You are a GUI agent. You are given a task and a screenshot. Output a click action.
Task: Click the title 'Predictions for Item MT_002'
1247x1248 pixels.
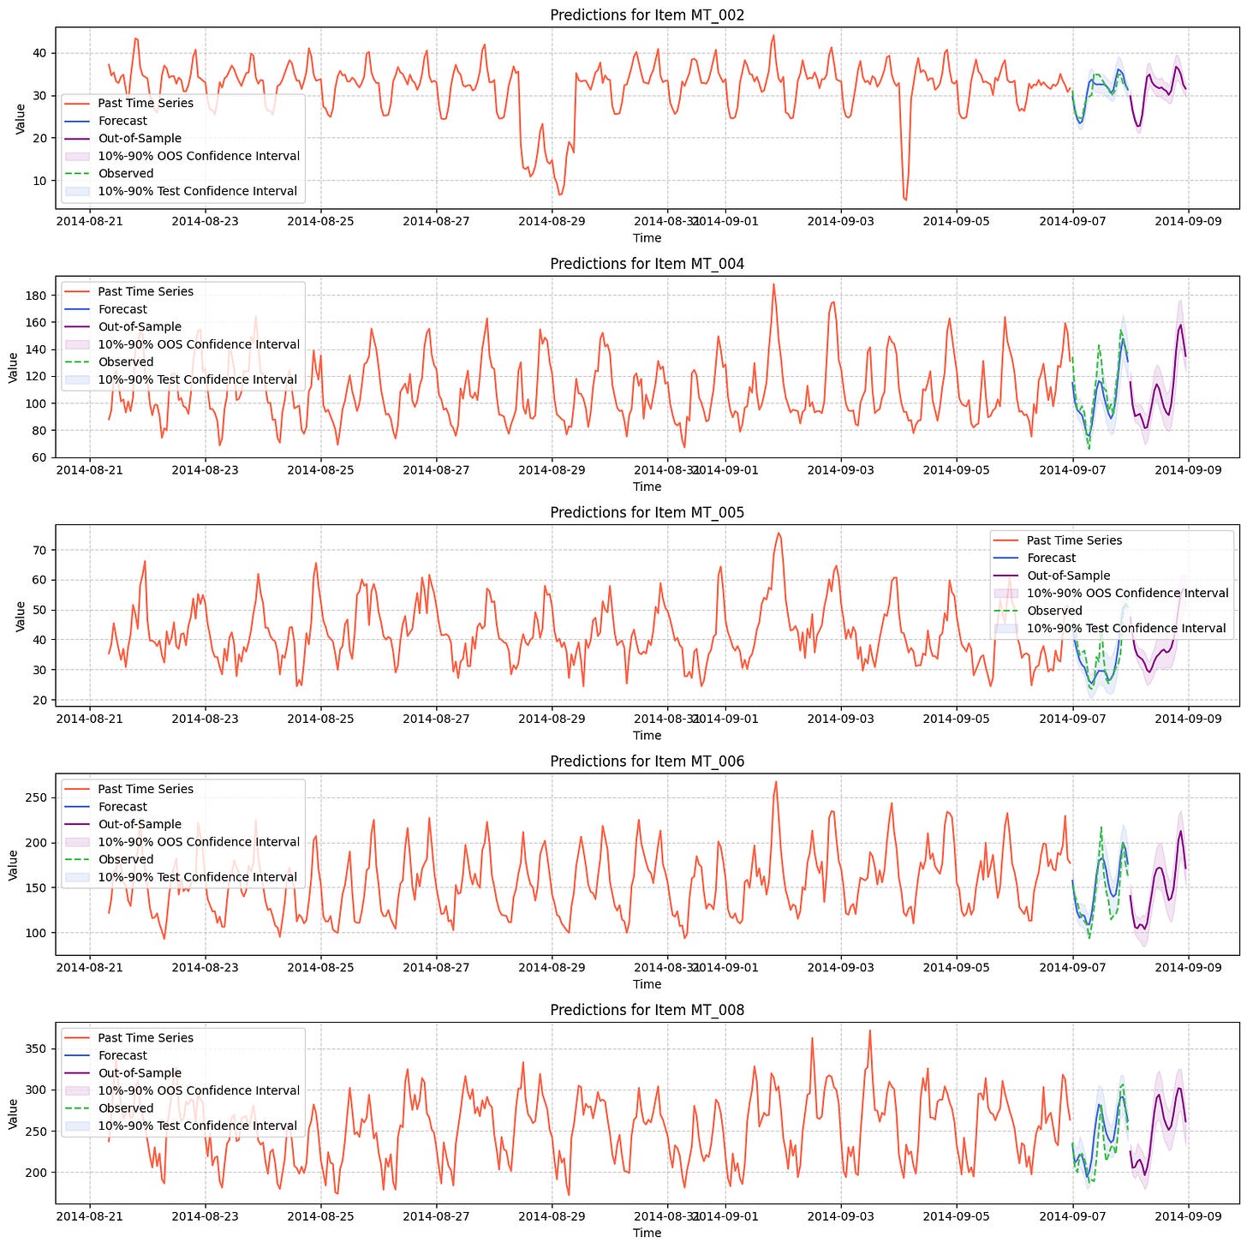(x=647, y=15)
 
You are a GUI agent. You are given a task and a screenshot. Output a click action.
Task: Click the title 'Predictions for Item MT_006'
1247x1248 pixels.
(x=647, y=761)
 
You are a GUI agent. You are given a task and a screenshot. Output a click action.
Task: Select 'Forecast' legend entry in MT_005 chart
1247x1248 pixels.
(x=1051, y=558)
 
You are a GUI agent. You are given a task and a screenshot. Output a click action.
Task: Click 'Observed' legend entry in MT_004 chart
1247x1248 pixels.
(x=125, y=361)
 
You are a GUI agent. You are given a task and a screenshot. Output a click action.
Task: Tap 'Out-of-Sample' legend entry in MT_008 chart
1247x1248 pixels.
(x=140, y=1072)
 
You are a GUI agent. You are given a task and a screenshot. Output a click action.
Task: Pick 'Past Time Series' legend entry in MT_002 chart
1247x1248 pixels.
(x=145, y=103)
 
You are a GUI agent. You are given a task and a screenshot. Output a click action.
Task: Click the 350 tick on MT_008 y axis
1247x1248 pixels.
(x=36, y=1048)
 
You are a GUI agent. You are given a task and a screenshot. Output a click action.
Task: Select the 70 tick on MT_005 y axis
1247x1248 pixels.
(x=39, y=550)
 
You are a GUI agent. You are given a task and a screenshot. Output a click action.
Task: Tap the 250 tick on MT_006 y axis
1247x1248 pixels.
(x=36, y=797)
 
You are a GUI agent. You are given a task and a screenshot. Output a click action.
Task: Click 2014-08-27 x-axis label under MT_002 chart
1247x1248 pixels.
(x=436, y=221)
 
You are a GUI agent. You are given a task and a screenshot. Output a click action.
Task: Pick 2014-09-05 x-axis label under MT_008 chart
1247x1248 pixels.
(x=956, y=1215)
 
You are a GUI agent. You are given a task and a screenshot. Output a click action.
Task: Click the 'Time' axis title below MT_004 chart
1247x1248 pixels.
(x=647, y=487)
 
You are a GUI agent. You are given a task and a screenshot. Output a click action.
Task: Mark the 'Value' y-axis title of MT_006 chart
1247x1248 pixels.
(x=13, y=864)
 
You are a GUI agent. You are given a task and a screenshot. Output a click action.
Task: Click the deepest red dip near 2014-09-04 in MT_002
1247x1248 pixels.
(x=904, y=200)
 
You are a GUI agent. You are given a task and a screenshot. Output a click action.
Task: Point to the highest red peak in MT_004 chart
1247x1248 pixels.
(x=773, y=284)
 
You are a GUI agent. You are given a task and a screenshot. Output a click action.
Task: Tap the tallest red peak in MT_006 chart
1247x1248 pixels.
(x=776, y=781)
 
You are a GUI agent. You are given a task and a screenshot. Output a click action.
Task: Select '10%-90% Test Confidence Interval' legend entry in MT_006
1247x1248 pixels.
(x=197, y=876)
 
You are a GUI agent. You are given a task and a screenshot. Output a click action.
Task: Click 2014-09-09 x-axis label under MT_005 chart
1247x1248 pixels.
(x=1188, y=718)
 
